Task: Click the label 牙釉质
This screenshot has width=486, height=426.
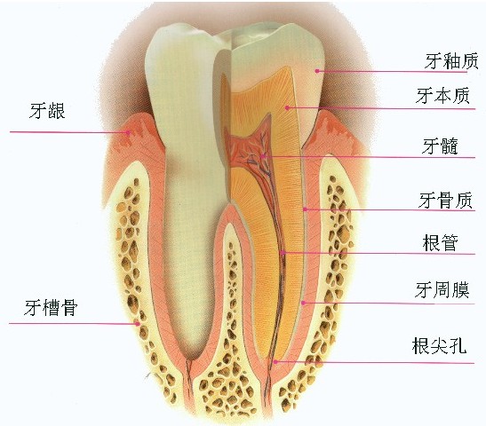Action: click(451, 61)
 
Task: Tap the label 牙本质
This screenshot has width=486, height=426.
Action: click(442, 96)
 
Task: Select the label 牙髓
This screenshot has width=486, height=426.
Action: click(440, 146)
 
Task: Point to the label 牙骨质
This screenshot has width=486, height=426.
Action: click(445, 201)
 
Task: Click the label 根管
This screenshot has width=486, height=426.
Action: click(440, 243)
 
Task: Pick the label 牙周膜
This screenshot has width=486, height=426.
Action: click(442, 290)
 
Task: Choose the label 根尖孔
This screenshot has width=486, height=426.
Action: click(439, 345)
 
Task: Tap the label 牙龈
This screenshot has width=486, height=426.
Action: click(47, 111)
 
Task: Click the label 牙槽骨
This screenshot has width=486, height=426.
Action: click(51, 307)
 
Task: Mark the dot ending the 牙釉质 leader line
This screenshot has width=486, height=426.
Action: click(317, 71)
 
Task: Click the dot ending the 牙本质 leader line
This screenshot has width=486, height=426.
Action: click(287, 107)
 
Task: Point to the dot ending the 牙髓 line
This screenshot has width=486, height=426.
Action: click(262, 156)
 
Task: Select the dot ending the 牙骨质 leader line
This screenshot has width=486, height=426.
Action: click(305, 209)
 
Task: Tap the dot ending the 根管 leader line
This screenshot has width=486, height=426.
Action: click(283, 253)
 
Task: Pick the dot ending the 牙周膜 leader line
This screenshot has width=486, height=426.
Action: click(304, 303)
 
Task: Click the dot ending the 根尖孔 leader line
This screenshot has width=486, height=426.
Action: click(275, 361)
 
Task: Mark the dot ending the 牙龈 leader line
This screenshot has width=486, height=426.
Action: click(127, 132)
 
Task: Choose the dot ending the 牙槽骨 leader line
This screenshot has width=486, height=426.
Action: click(138, 324)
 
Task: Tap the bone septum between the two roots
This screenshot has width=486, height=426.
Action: click(228, 310)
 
